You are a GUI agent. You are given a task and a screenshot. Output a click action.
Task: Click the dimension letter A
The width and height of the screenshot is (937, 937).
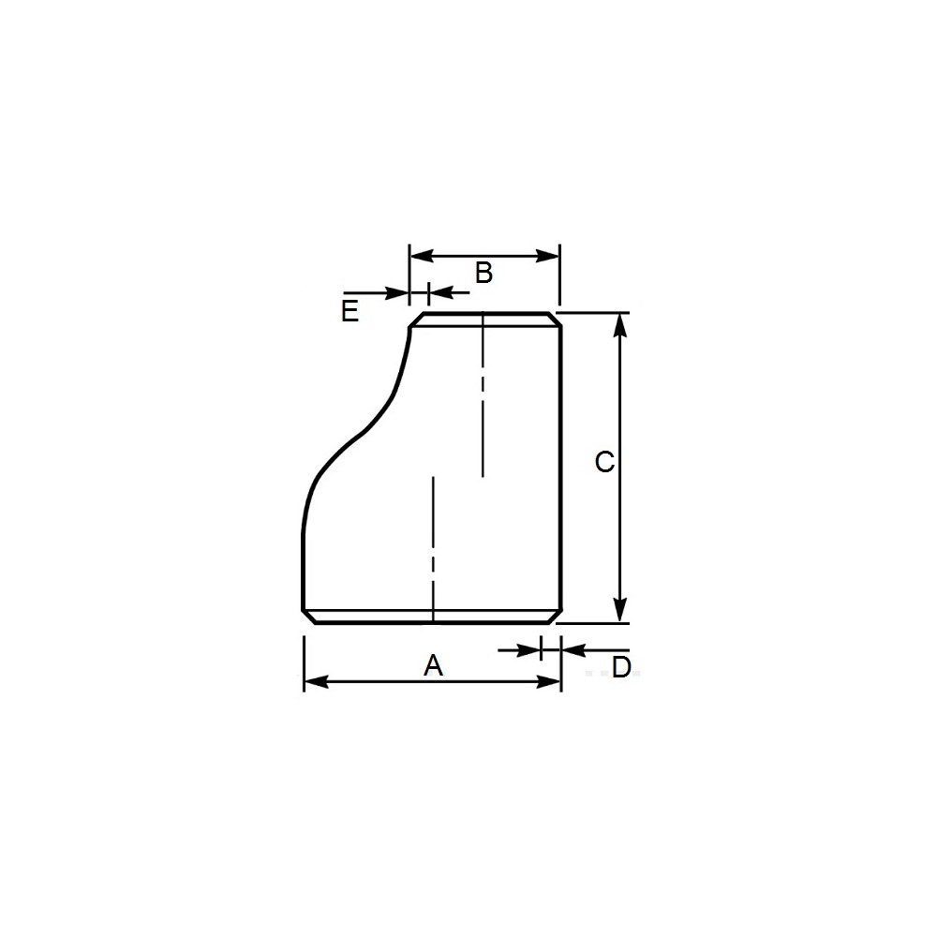click(433, 665)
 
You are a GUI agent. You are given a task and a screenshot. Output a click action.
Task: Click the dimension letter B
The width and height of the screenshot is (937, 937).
click(483, 273)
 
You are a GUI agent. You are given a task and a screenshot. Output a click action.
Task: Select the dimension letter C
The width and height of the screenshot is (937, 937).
click(604, 462)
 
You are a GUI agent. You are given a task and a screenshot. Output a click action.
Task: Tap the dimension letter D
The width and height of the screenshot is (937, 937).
click(621, 667)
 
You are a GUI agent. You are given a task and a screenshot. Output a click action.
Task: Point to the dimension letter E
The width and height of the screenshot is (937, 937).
click(350, 311)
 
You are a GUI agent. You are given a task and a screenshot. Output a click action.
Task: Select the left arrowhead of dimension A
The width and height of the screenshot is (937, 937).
click(316, 682)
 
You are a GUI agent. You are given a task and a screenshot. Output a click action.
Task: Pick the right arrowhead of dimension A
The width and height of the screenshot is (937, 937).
click(548, 682)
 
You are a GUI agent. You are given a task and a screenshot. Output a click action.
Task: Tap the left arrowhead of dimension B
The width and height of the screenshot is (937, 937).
click(422, 257)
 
